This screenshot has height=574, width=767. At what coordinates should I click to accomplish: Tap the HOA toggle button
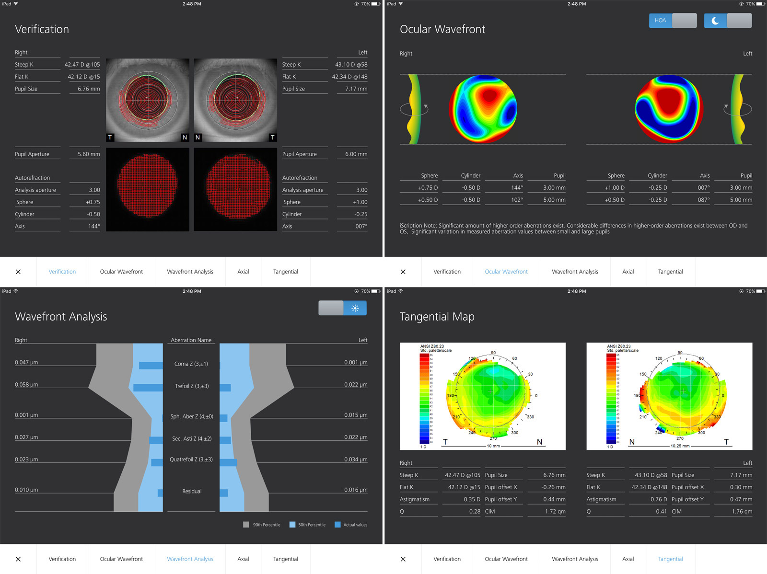(661, 21)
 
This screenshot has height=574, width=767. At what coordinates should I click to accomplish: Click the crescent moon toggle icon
(715, 21)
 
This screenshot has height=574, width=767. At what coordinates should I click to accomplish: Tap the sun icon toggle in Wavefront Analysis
(355, 308)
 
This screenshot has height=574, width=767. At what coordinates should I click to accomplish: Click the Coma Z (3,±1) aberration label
(191, 364)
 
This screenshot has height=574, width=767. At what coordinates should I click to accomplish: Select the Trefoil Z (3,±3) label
(192, 386)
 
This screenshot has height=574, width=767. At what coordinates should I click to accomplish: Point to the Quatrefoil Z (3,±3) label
(191, 459)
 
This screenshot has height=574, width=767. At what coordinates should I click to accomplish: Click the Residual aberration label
(192, 492)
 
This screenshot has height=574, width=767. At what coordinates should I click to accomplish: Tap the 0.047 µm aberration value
(26, 363)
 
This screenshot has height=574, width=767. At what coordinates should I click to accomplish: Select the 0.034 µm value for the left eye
(356, 459)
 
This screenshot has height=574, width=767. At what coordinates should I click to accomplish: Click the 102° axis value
(517, 200)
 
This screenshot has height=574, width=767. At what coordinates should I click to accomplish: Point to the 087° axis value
(703, 200)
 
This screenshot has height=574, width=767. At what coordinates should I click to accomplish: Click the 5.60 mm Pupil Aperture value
(89, 154)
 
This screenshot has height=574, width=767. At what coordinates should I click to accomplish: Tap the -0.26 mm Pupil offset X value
(554, 487)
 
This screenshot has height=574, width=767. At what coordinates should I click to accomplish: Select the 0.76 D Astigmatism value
(659, 499)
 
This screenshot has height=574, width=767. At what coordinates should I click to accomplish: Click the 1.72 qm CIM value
(555, 512)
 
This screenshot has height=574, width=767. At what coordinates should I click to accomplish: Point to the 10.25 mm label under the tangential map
(680, 446)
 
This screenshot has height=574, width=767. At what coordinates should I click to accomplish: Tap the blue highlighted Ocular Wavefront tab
(506, 272)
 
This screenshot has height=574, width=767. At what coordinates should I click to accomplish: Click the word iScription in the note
(411, 226)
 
